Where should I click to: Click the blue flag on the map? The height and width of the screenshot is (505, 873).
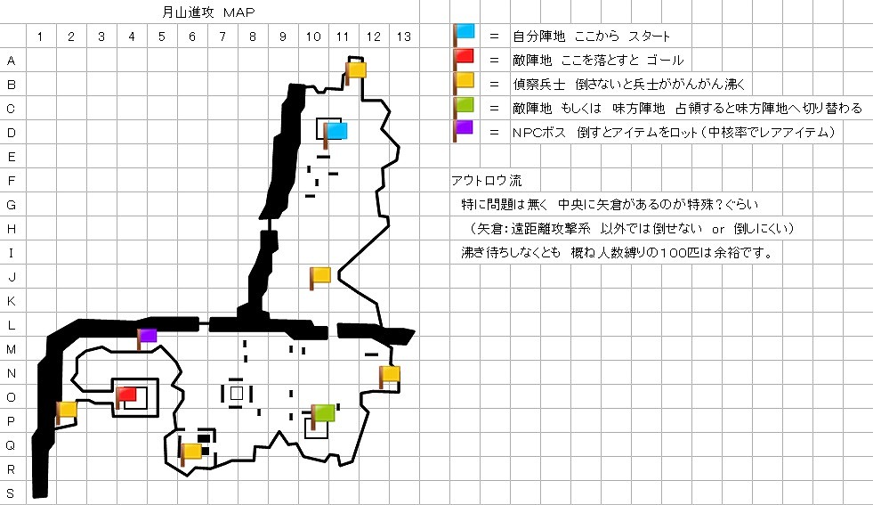coord(336,132)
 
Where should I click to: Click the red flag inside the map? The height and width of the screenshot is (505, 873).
coord(125,395)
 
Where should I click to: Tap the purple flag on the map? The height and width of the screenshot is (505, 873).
coord(148,337)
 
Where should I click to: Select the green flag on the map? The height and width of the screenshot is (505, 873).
coord(323,413)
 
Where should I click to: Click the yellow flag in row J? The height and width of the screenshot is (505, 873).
coord(320,275)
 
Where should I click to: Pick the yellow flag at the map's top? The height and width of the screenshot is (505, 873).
coord(356,69)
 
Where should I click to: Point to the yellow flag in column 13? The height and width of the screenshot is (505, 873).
coord(389,375)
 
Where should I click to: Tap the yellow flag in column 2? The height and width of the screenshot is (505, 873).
coord(67,411)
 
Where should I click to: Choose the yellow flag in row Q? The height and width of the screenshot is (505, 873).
coord(191,452)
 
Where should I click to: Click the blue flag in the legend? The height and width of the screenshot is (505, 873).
coord(464,35)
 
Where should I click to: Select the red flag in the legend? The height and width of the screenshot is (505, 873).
coord(464,59)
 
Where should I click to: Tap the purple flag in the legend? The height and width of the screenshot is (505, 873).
coord(464,130)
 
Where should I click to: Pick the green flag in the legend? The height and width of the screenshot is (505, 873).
coord(464,107)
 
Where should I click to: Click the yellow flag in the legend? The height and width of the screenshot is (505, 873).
coord(464,83)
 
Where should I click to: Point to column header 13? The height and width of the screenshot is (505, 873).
coord(403,37)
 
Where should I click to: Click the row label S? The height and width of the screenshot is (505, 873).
coord(12,493)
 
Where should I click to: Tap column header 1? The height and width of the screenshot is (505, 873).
coord(41,37)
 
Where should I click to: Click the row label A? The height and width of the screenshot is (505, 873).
coord(12,61)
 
